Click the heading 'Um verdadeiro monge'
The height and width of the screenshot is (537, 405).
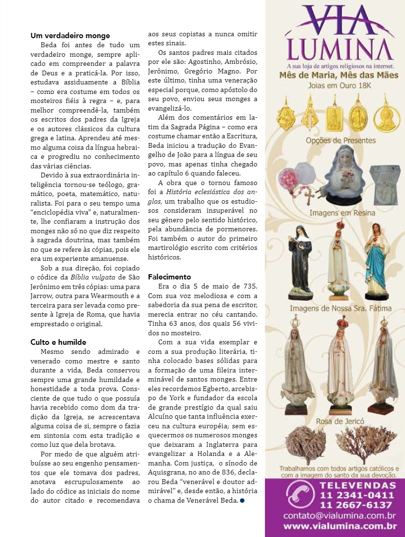point(70,36)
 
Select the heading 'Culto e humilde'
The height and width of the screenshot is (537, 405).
point(58,342)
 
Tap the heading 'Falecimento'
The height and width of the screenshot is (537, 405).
point(169,277)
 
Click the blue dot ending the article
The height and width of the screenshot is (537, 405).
point(242,500)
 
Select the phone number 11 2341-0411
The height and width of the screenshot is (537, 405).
point(357,495)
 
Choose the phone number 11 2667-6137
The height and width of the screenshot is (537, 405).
point(357,505)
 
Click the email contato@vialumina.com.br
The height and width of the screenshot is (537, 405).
point(339,516)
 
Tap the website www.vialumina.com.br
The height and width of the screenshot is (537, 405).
point(340,527)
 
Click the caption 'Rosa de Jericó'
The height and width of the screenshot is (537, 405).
point(339,422)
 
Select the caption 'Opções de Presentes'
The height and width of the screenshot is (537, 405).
point(340,141)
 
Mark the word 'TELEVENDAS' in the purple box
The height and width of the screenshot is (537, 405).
point(356,485)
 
